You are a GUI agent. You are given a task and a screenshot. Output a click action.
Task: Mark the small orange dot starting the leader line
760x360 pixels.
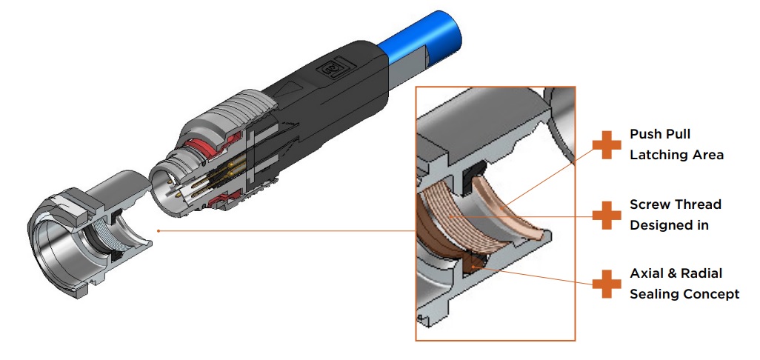(x=159, y=230)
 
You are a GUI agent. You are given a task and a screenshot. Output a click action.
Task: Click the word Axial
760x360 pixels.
(x=647, y=273)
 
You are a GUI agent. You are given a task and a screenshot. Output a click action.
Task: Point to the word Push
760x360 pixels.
(x=645, y=134)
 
